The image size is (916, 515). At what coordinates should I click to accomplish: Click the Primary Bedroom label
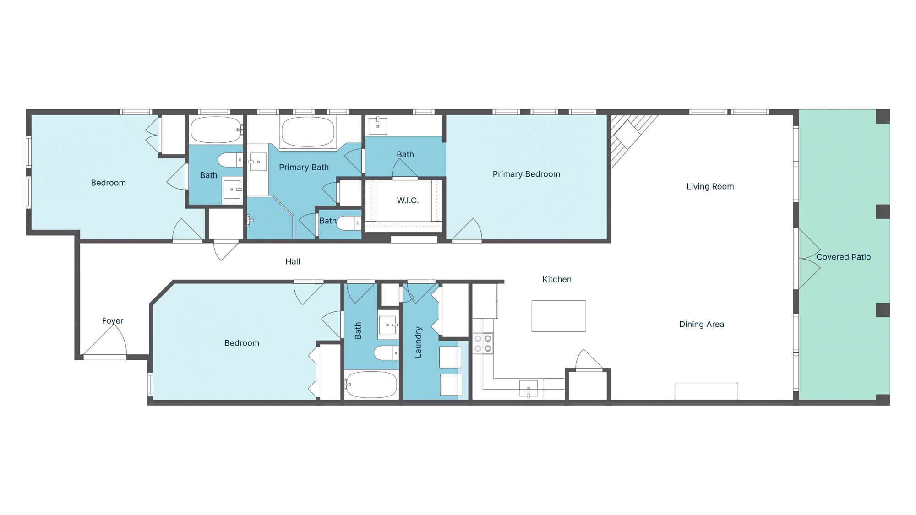tap(526, 174)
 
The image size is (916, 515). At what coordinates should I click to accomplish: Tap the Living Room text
tap(710, 186)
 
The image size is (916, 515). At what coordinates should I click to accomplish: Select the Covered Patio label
tap(843, 257)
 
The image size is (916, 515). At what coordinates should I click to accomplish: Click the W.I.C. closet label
tap(408, 200)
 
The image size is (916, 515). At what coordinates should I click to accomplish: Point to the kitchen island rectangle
tap(558, 316)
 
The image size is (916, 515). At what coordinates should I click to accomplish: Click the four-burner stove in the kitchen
tap(483, 343)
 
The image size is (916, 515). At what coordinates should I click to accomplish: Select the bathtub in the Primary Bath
tap(308, 132)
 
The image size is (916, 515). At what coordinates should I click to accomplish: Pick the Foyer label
tap(112, 320)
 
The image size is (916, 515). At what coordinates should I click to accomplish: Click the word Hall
tap(293, 261)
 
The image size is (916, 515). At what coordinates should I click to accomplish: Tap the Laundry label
tap(418, 342)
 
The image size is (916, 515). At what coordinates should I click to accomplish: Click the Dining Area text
tap(701, 324)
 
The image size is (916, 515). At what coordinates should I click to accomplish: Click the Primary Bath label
tap(304, 167)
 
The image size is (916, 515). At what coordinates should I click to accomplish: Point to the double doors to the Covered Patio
tap(808, 259)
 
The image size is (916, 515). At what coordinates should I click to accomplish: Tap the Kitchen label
tap(556, 279)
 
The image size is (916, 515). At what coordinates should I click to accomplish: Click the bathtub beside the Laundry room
tap(371, 385)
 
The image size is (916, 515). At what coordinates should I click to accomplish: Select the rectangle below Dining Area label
tap(705, 391)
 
